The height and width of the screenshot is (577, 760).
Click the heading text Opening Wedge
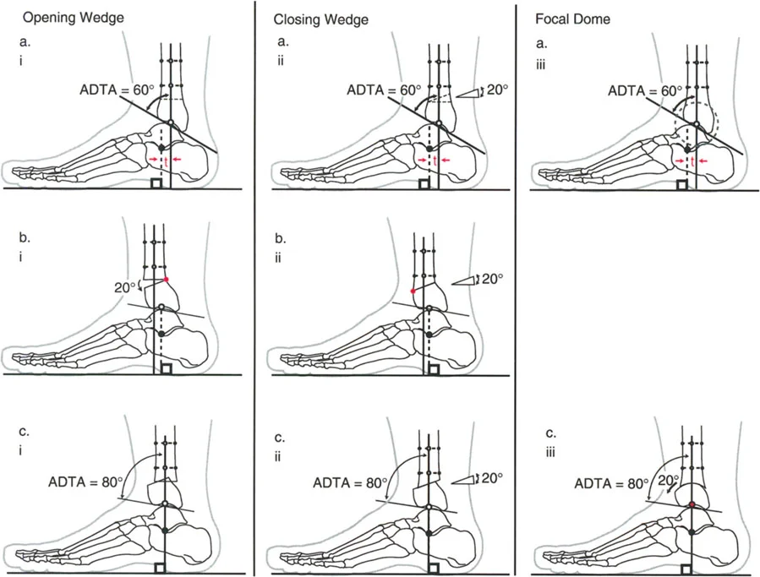click(63, 17)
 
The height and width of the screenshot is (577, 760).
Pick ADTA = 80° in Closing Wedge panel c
click(350, 484)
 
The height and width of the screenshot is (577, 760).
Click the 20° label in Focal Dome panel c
click(670, 479)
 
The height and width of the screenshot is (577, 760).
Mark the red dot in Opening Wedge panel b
click(167, 279)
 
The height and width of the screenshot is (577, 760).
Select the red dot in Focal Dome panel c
click(692, 504)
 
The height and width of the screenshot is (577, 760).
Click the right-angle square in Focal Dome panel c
click(695, 568)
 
